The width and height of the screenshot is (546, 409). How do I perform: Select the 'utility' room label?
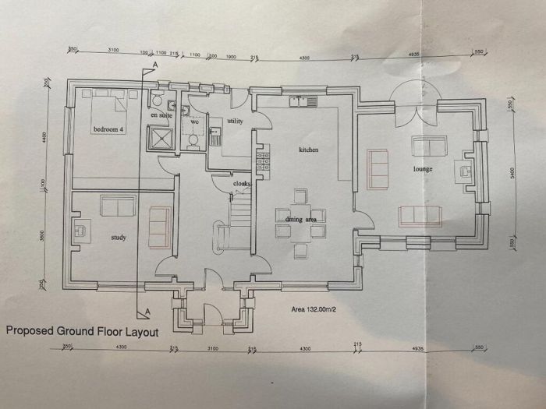(x=235, y=122)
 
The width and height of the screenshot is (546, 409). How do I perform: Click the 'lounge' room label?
(x=424, y=168)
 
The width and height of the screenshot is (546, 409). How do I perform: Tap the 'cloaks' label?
(x=242, y=184)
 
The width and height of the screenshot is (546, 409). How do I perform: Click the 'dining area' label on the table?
(x=300, y=220)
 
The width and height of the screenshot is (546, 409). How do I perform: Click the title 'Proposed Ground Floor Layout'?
(x=82, y=331)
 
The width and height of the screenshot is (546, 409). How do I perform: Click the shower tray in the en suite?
(x=162, y=138)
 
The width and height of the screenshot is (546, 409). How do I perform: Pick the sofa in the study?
(x=117, y=206)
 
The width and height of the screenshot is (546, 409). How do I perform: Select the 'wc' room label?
(x=191, y=122)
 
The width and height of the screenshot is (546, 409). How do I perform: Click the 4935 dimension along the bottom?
(x=418, y=348)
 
